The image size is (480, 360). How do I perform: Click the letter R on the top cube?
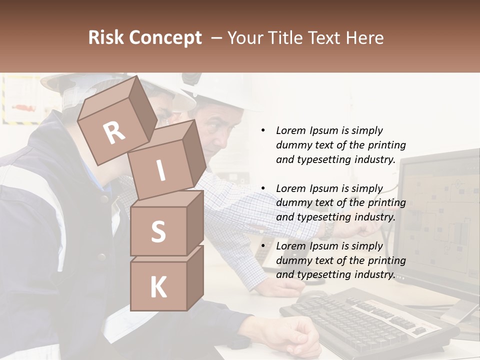tap(114, 132)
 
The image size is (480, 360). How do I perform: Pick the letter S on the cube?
tap(158, 231)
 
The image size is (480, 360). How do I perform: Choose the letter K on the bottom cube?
tap(158, 287)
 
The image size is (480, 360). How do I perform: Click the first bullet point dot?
tap(263, 130)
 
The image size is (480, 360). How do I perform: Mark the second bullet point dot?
tap(263, 188)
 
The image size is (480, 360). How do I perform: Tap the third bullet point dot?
tap(263, 246)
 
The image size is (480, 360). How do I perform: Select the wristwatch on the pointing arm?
tap(328, 228)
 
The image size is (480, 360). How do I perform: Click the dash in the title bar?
tap(216, 38)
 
